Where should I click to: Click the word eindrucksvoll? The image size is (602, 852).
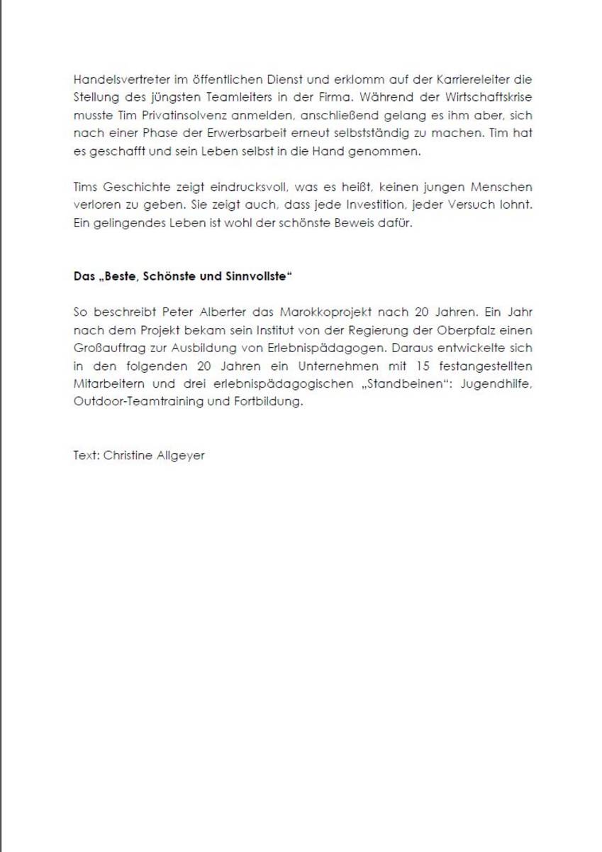(x=228, y=187)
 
